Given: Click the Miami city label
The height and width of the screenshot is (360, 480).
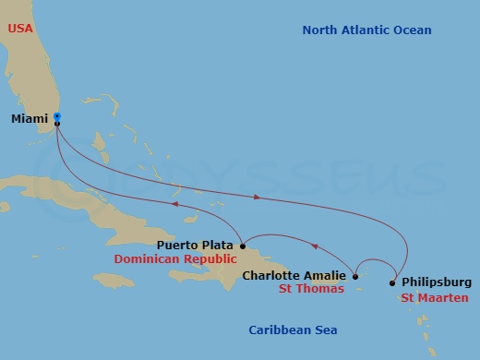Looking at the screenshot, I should click(30, 119).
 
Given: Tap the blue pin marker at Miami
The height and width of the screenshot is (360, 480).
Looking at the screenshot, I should click(57, 116).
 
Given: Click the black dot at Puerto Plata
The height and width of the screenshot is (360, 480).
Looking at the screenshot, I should click(241, 246).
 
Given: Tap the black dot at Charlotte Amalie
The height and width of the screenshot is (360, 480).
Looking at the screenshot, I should click(355, 275).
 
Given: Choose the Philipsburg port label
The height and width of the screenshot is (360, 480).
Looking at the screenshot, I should click(437, 282).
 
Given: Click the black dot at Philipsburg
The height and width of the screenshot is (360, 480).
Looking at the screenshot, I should click(392, 282).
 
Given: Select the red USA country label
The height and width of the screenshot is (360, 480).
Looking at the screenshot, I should click(20, 29).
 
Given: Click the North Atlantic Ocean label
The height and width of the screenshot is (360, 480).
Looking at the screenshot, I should click(366, 30).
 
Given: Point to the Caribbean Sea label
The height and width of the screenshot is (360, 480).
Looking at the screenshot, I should click(293, 330).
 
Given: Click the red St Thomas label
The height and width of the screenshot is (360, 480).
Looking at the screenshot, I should click(312, 289).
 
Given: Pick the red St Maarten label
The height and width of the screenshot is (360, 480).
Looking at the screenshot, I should click(434, 297).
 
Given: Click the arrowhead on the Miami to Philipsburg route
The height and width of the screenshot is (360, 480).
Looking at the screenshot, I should click(257, 197).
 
